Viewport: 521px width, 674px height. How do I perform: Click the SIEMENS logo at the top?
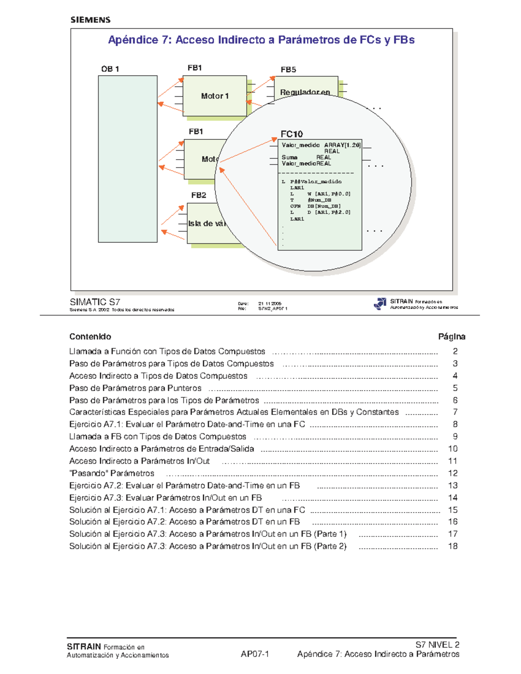click(90, 20)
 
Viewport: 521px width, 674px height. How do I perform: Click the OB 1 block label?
click(110, 69)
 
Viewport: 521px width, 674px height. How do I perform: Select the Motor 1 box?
click(214, 96)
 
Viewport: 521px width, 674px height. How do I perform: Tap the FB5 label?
click(288, 69)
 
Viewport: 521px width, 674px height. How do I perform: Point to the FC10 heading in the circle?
click(291, 134)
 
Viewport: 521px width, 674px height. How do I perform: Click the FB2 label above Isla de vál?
click(198, 195)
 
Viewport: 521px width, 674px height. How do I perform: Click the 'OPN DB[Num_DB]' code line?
click(316, 206)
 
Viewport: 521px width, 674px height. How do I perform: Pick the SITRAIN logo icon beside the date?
click(380, 304)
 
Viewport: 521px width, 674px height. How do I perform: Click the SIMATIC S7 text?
click(95, 302)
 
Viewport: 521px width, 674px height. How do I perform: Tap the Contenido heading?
click(90, 336)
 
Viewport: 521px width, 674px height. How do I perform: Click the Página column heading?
click(452, 336)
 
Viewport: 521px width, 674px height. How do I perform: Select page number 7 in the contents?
click(455, 412)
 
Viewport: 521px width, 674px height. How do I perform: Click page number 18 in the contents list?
click(453, 546)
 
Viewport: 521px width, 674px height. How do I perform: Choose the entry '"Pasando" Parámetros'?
click(112, 473)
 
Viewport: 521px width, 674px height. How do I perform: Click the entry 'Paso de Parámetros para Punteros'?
click(135, 388)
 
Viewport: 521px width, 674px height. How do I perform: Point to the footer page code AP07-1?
click(255, 654)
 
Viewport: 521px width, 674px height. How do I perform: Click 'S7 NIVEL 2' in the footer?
click(437, 645)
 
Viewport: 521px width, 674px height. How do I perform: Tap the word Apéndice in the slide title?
click(133, 40)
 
